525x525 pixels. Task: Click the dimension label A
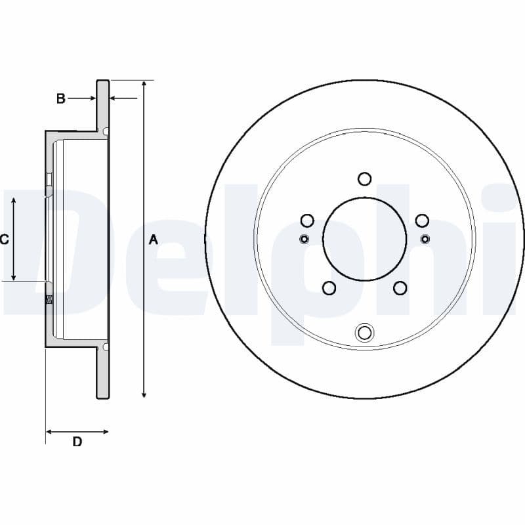point(154,240)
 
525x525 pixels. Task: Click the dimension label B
point(60,99)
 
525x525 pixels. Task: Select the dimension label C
point(5,240)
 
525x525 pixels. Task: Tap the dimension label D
point(77,442)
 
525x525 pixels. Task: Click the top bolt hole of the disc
point(365,178)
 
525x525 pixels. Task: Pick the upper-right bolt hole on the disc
point(422,220)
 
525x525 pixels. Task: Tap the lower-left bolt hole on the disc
point(329,287)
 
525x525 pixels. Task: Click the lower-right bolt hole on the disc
point(400,287)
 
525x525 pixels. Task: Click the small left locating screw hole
point(304,238)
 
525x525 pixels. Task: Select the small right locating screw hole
point(425,238)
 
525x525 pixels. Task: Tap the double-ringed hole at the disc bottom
point(364,333)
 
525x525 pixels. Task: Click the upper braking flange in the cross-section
point(103,105)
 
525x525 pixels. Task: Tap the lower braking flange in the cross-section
point(103,374)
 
